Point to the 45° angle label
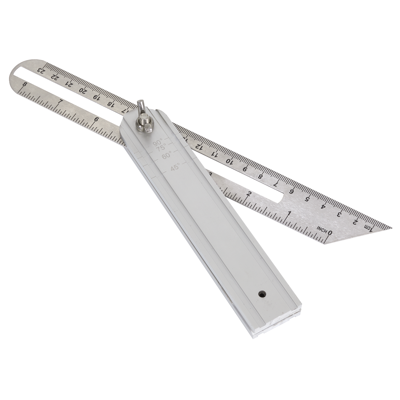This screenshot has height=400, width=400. [x=175, y=168]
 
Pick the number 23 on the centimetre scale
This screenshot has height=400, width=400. [x=41, y=70]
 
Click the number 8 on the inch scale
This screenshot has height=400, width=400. [x=24, y=85]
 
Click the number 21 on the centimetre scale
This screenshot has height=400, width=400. [x=69, y=83]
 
